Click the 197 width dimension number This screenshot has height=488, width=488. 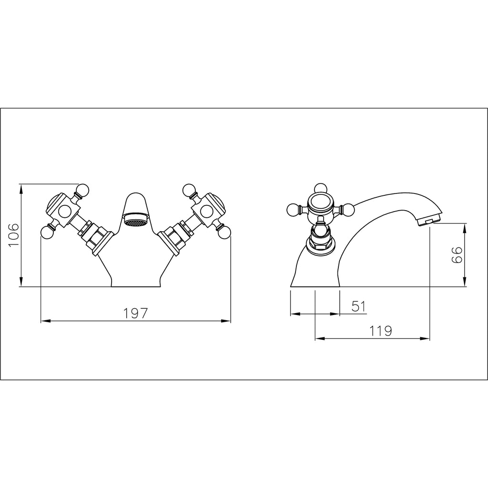136,314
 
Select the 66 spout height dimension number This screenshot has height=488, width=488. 457,257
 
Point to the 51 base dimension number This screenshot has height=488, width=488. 358,306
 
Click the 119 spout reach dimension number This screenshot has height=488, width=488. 380,331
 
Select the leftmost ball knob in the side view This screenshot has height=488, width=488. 292,209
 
